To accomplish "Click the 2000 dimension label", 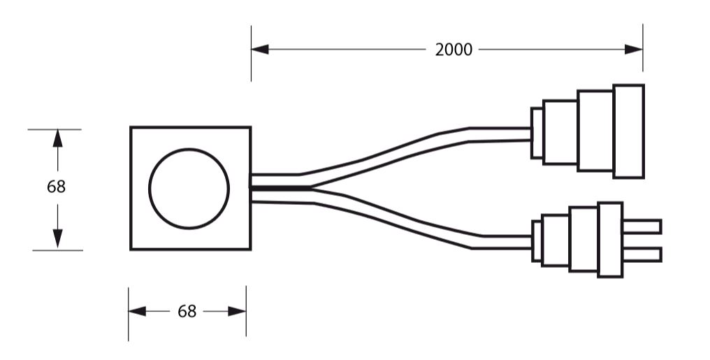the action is point(454,50).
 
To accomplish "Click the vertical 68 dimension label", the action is point(56,187).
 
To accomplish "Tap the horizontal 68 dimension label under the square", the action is point(187,311).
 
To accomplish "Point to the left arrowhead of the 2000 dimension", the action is point(260,50).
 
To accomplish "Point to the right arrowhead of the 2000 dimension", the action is point(633,50).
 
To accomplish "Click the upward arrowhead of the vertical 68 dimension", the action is point(57,138).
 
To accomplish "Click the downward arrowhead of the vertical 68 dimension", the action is point(57,238).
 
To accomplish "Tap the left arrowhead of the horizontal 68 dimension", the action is point(137,311).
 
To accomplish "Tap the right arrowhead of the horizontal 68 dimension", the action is point(237,311).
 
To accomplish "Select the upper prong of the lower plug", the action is point(642,226).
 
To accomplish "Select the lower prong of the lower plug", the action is point(642,254).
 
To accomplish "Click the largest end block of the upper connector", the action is point(628,131).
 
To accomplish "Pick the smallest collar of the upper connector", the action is point(537,133).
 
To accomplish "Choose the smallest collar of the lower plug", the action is point(537,241).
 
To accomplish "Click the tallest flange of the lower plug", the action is point(610,240).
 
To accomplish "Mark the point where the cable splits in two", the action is point(312,187).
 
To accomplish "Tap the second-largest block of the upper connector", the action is point(595,131).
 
